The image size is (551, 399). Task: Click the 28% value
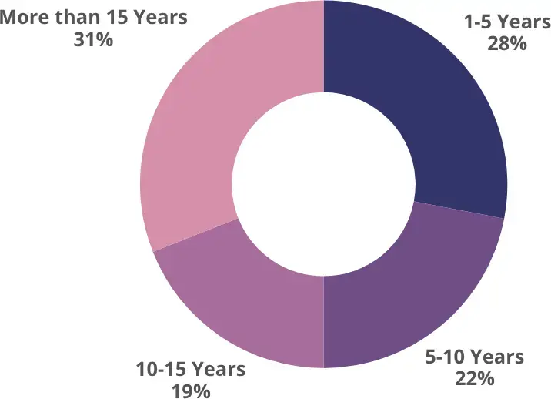click(506, 43)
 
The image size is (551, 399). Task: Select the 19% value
click(191, 391)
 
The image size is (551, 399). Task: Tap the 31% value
click(93, 39)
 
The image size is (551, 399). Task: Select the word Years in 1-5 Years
click(523, 23)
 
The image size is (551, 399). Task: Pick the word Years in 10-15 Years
click(219, 370)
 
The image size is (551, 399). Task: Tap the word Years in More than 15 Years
click(160, 17)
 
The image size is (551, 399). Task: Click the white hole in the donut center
click(323, 185)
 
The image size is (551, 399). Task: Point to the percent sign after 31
click(105, 39)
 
